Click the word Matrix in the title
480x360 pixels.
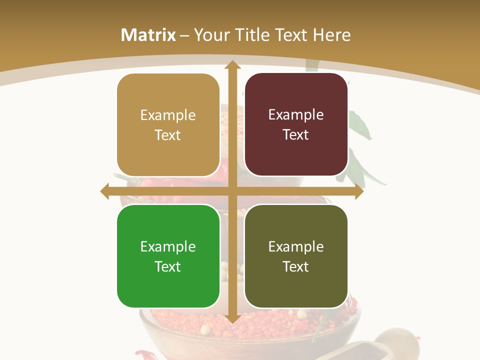148,35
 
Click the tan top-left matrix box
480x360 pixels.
168,125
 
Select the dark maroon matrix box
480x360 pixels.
296,124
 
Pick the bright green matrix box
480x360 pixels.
168,256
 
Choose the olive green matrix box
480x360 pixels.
296,256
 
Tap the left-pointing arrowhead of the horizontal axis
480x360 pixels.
105,191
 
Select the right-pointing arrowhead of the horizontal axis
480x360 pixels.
359,191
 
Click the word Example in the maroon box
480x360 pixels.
296,114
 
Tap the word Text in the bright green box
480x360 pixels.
167,266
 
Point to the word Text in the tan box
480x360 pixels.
167,135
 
